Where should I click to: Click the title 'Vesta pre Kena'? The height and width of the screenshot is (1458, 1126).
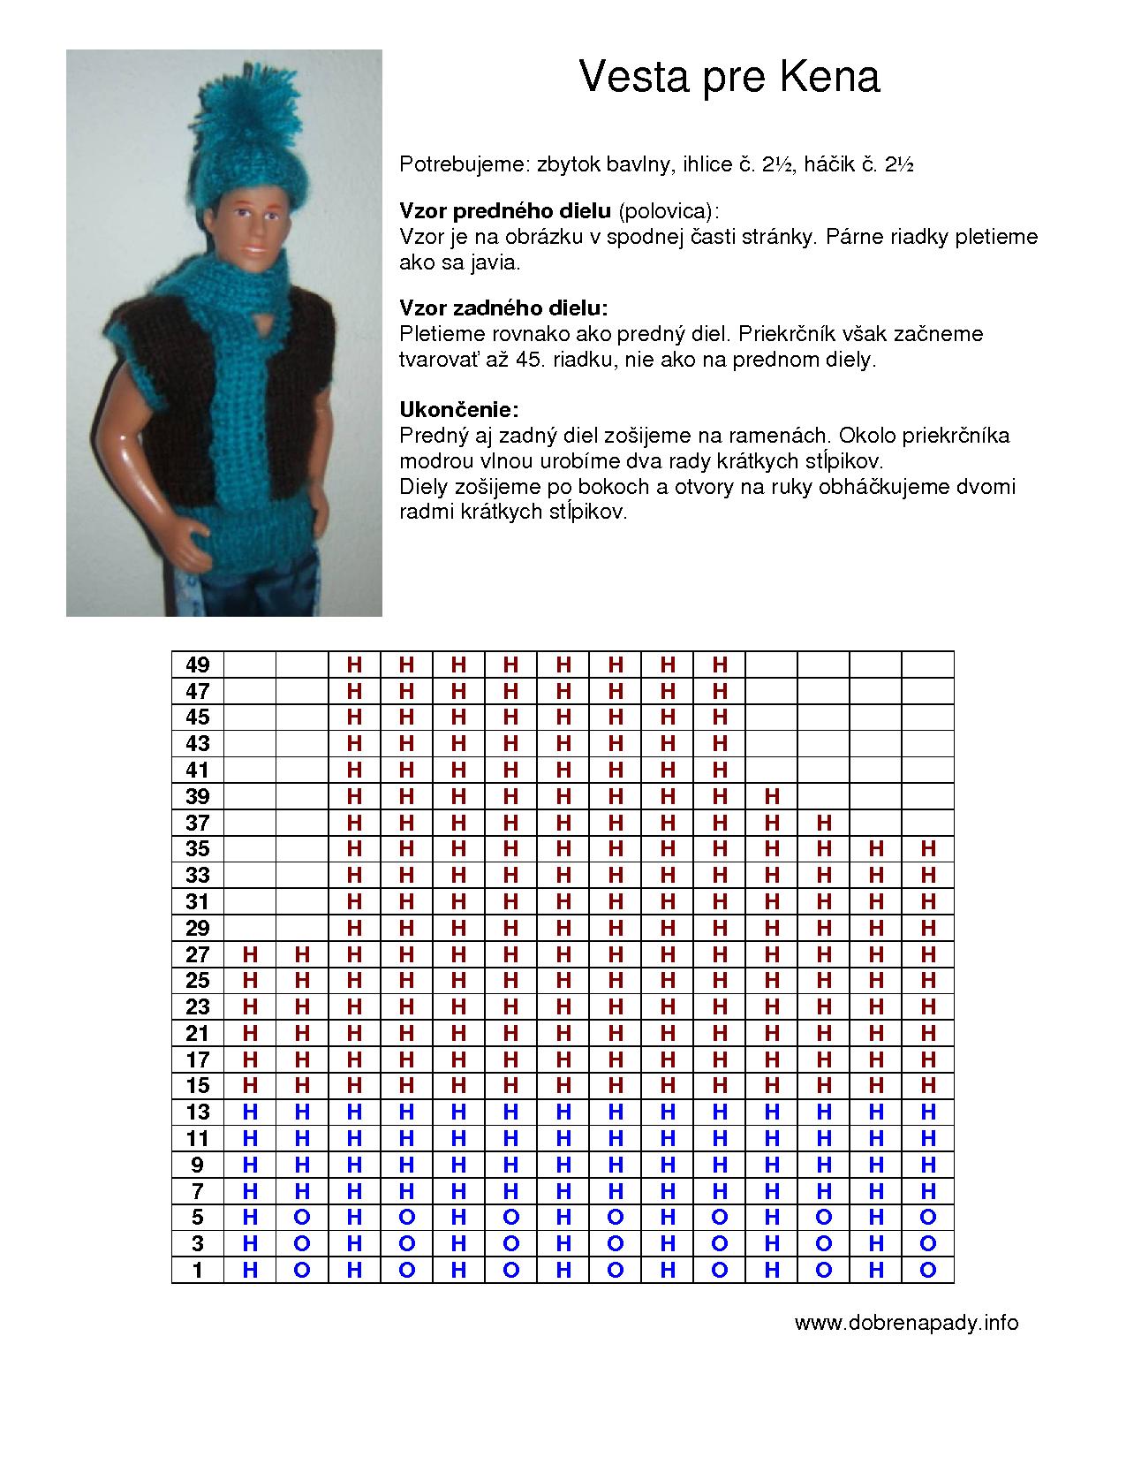tap(729, 77)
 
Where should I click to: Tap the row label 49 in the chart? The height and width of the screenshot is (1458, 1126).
tap(197, 664)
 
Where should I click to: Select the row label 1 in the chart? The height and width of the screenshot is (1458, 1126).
tap(197, 1270)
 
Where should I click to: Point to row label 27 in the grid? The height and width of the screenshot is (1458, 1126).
tap(197, 954)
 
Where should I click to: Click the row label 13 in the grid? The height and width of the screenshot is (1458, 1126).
tap(197, 1112)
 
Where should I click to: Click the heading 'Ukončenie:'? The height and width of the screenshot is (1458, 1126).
tap(458, 410)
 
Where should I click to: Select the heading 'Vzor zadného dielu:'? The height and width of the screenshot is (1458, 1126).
tap(503, 308)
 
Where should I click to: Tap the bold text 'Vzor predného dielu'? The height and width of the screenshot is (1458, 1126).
tap(505, 211)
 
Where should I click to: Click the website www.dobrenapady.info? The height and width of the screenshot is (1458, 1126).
tap(906, 1323)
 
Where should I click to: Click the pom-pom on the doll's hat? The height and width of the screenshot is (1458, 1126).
tap(238, 119)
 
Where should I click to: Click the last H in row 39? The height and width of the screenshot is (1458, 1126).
tap(772, 796)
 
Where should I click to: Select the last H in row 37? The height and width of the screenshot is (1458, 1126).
tap(824, 823)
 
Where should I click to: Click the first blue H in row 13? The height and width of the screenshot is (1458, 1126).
tap(250, 1112)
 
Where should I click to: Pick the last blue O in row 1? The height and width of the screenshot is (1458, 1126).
tap(927, 1270)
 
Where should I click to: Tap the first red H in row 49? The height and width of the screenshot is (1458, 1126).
tap(354, 664)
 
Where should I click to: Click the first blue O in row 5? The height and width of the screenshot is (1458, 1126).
tap(302, 1218)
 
